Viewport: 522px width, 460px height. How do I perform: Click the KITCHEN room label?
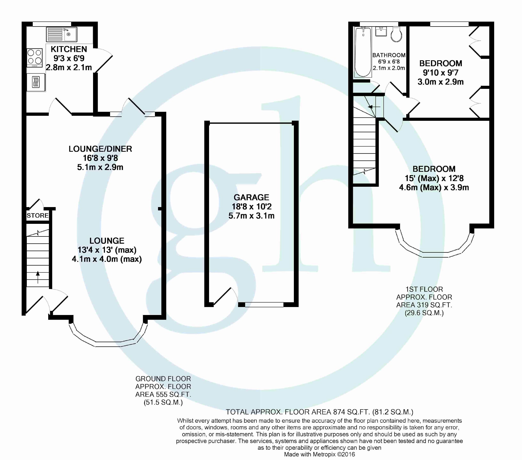tap(69, 49)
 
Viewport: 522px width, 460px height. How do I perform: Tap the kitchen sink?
tap(62, 34)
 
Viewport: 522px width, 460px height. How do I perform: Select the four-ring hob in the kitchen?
tap(35, 57)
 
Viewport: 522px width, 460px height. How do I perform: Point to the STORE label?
tap(38, 216)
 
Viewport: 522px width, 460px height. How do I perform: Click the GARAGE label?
tap(251, 197)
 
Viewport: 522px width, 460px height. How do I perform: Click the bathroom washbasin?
tap(381, 32)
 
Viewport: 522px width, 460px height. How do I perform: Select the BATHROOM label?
tap(389, 55)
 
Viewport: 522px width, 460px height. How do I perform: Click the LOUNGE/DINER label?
tap(100, 149)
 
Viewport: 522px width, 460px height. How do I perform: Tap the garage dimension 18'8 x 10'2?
tap(251, 207)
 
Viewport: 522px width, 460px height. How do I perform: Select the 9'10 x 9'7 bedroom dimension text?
tap(441, 73)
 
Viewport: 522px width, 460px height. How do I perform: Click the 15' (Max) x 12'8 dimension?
tap(434, 178)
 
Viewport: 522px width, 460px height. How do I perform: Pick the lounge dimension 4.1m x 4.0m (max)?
tap(107, 259)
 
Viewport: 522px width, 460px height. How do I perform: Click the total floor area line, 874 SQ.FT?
tap(319, 412)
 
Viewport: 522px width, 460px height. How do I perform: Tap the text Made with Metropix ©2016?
tap(319, 454)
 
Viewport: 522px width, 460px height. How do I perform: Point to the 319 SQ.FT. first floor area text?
tap(424, 305)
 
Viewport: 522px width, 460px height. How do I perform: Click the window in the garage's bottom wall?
tap(264, 305)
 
